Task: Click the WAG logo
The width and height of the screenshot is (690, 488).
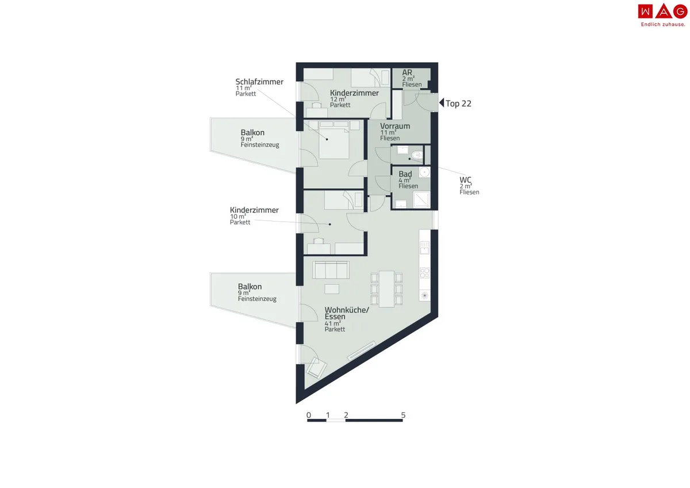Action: point(662,15)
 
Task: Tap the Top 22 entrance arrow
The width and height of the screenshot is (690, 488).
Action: point(442,102)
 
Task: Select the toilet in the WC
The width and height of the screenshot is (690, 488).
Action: point(416,154)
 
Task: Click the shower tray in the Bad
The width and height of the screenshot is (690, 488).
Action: point(421,200)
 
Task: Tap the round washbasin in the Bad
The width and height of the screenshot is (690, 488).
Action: point(424,172)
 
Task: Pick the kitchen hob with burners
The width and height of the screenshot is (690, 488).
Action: point(424,273)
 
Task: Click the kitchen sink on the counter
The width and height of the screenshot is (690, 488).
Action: point(424,247)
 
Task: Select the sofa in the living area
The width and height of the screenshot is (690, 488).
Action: point(331,270)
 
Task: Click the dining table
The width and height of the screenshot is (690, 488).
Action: point(386,289)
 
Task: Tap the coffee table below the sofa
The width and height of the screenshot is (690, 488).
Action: point(332,289)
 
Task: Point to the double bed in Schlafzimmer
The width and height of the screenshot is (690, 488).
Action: point(333,140)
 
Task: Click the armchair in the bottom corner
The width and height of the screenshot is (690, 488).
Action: point(316,368)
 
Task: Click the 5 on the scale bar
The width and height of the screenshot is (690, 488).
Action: point(403,415)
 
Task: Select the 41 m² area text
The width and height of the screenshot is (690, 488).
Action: point(333,323)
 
